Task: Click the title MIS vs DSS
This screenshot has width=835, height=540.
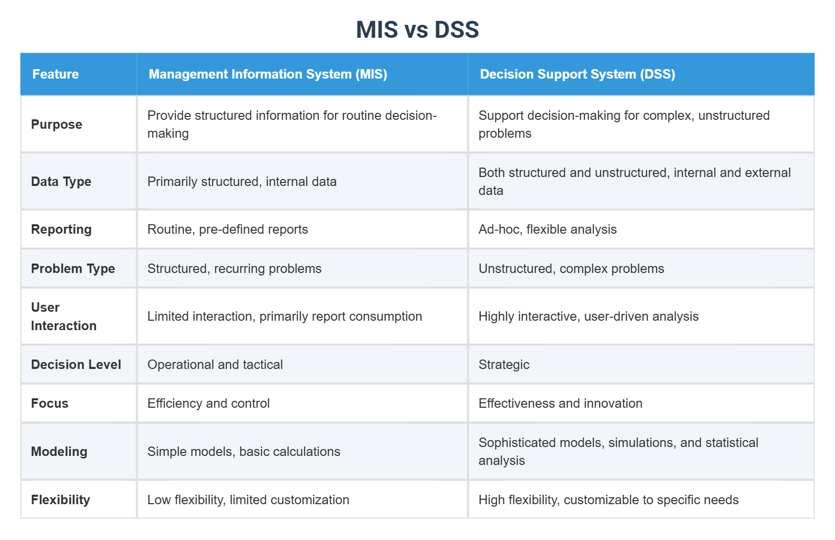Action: tap(417, 30)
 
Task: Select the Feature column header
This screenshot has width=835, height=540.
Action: tap(56, 74)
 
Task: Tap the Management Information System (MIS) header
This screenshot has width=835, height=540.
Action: tap(268, 74)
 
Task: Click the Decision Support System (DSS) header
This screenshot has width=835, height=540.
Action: tap(577, 74)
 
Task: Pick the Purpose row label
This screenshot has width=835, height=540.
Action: tap(57, 124)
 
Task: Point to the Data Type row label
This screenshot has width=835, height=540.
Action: tap(61, 181)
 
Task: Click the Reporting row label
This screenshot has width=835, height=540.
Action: tap(61, 229)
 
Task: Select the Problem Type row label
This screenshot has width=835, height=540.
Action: tap(73, 269)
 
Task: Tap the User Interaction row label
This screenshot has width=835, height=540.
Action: tap(64, 316)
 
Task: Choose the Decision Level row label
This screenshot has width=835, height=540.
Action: tap(76, 364)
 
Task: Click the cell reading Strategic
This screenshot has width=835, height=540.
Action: tap(503, 364)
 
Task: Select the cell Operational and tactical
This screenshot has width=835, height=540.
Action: tap(215, 364)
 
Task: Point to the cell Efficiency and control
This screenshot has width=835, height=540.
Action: tap(208, 403)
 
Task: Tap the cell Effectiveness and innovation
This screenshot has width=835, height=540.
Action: tap(560, 403)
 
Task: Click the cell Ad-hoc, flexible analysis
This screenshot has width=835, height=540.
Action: tap(547, 229)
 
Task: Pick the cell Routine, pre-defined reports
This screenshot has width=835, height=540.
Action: tap(228, 229)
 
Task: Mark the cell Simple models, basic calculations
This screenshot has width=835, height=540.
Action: tap(244, 451)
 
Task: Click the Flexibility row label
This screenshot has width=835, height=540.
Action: tap(60, 500)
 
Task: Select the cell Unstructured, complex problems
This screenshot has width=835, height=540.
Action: tap(571, 269)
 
